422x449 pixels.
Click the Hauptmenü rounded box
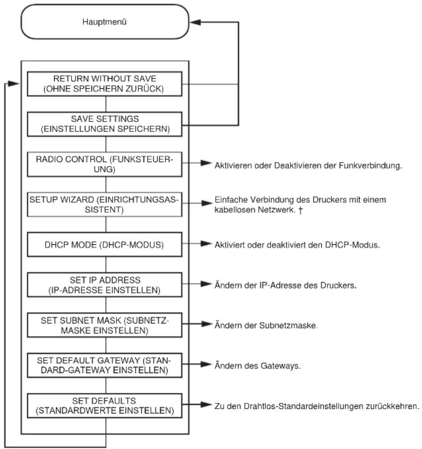[x=105, y=22]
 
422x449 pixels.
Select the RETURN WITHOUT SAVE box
[x=105, y=84]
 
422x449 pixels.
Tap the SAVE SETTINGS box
[x=105, y=124]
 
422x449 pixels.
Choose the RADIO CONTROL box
[x=105, y=164]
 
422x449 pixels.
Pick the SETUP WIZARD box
[x=105, y=204]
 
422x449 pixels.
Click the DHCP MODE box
[x=105, y=244]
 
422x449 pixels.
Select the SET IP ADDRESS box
[x=105, y=284]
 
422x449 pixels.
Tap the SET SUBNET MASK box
[x=105, y=325]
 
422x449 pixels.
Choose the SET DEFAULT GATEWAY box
[x=105, y=365]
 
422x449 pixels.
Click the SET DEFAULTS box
[x=105, y=405]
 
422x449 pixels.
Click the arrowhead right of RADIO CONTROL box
[x=206, y=163]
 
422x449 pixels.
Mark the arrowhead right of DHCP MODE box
[x=206, y=243]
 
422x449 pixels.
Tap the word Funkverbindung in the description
[x=370, y=166]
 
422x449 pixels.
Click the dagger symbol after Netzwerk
[x=300, y=211]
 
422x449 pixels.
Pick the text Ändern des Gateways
[x=257, y=366]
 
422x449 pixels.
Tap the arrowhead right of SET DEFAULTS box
[x=206, y=404]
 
